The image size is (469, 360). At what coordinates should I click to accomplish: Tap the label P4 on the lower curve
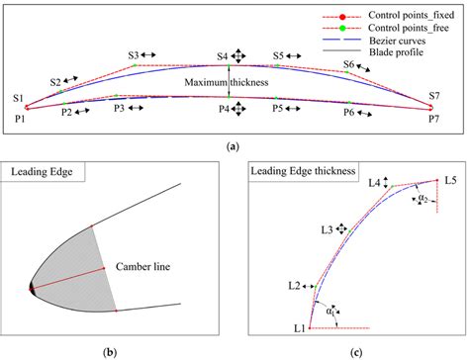click(225, 107)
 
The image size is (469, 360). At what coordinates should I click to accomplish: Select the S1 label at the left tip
click(19, 97)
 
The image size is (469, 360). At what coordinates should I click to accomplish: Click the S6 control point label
click(349, 64)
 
